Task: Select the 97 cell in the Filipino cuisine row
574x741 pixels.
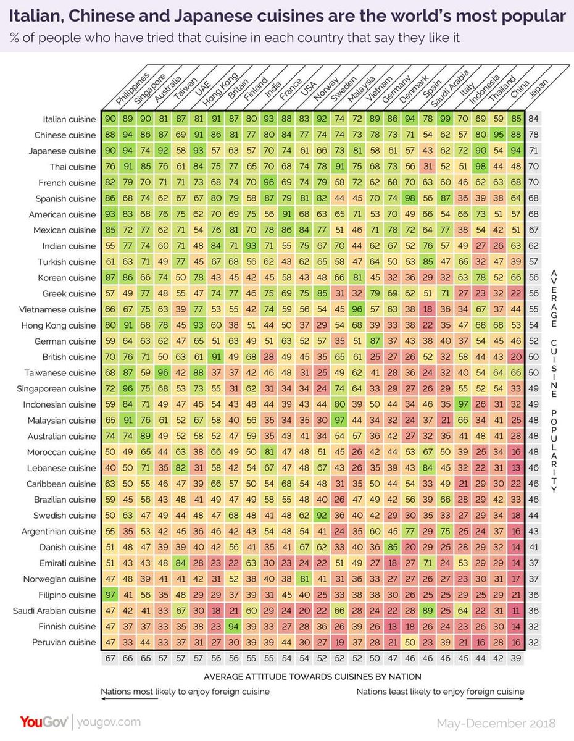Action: (x=110, y=595)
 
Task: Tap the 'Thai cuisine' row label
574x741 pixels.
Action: (x=73, y=167)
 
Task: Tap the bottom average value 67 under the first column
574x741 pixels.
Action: (x=110, y=659)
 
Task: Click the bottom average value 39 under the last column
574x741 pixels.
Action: (x=515, y=659)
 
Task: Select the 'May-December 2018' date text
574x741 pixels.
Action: (x=496, y=723)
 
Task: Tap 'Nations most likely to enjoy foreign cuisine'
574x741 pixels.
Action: (x=185, y=691)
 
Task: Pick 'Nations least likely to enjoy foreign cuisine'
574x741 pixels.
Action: (x=440, y=691)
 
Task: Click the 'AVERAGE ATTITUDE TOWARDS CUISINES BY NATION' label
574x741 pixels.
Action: (x=313, y=676)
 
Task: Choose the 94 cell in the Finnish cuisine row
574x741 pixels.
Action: (x=234, y=626)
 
